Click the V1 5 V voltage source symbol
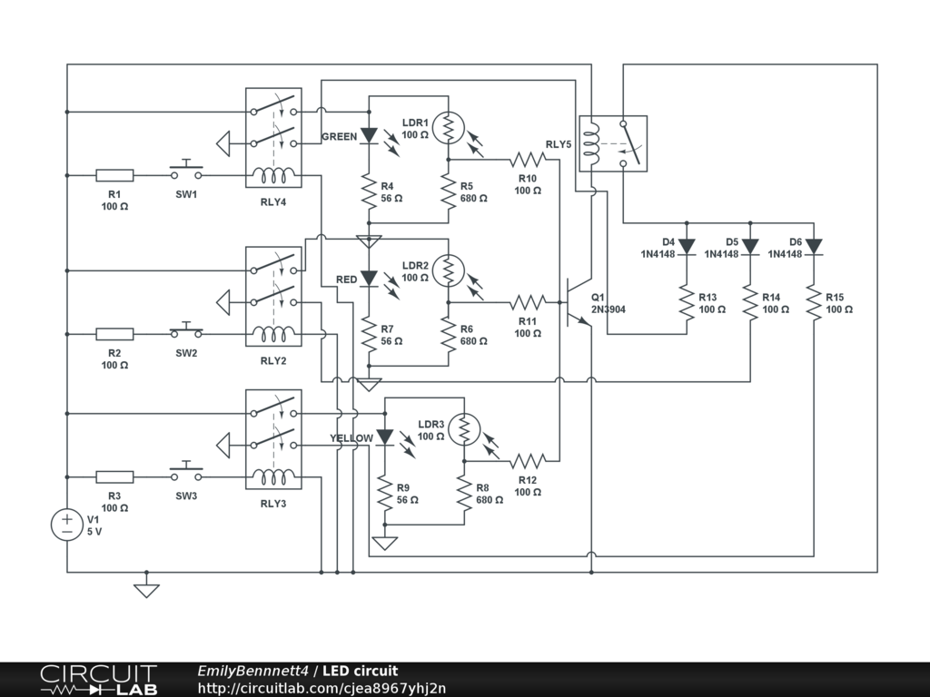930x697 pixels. click(67, 525)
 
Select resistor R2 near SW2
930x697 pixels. click(114, 334)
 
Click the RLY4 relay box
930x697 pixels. click(273, 138)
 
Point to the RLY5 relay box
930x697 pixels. click(613, 142)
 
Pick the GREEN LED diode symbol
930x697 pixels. click(369, 135)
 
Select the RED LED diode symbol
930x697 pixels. click(369, 278)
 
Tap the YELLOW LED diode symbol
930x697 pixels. click(385, 437)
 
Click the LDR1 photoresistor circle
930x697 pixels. click(448, 127)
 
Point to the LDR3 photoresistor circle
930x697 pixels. click(464, 429)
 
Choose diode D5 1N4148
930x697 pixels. click(750, 246)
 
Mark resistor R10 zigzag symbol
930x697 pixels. click(528, 160)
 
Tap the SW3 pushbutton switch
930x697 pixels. click(186, 475)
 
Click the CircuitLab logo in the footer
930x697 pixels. click(98, 680)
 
